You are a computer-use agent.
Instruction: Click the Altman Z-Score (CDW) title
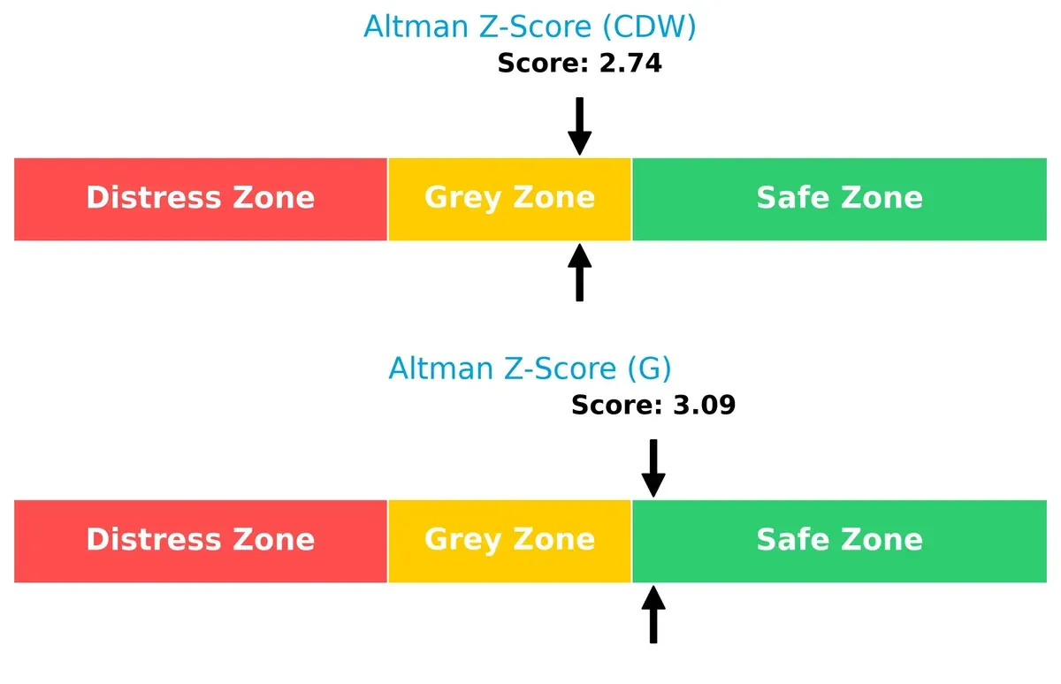click(530, 27)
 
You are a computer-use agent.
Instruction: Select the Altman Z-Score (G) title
click(530, 368)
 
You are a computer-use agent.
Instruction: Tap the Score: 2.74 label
click(579, 64)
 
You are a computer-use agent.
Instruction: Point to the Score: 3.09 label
click(653, 406)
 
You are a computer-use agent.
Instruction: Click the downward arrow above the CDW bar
click(579, 125)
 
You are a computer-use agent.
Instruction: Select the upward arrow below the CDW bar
click(579, 273)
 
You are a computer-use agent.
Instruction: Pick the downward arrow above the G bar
click(653, 467)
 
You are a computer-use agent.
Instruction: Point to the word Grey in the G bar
click(459, 540)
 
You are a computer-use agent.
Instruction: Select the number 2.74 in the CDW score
click(630, 64)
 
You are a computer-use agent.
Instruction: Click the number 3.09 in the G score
click(704, 406)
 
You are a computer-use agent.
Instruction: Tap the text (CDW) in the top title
click(648, 27)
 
